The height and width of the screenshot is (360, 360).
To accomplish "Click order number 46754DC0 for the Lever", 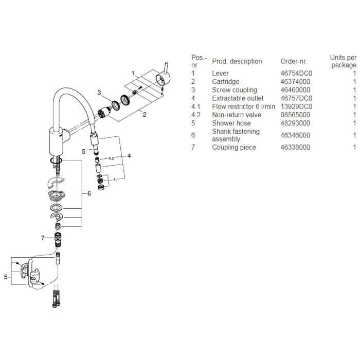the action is click(296, 73).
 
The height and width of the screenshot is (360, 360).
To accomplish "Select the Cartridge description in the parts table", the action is click(226, 81).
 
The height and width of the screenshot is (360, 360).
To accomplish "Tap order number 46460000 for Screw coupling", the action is click(295, 90).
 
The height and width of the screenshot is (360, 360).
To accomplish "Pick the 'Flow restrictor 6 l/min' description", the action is click(244, 106).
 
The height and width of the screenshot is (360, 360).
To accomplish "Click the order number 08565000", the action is click(295, 115).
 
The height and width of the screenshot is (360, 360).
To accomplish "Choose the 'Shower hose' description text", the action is click(231, 123).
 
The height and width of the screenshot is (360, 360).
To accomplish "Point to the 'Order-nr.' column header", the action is click(294, 61).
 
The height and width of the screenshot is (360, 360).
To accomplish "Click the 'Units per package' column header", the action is click(344, 61).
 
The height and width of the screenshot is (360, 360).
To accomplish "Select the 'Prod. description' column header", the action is click(237, 61).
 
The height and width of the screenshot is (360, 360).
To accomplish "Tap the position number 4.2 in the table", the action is click(196, 115).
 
